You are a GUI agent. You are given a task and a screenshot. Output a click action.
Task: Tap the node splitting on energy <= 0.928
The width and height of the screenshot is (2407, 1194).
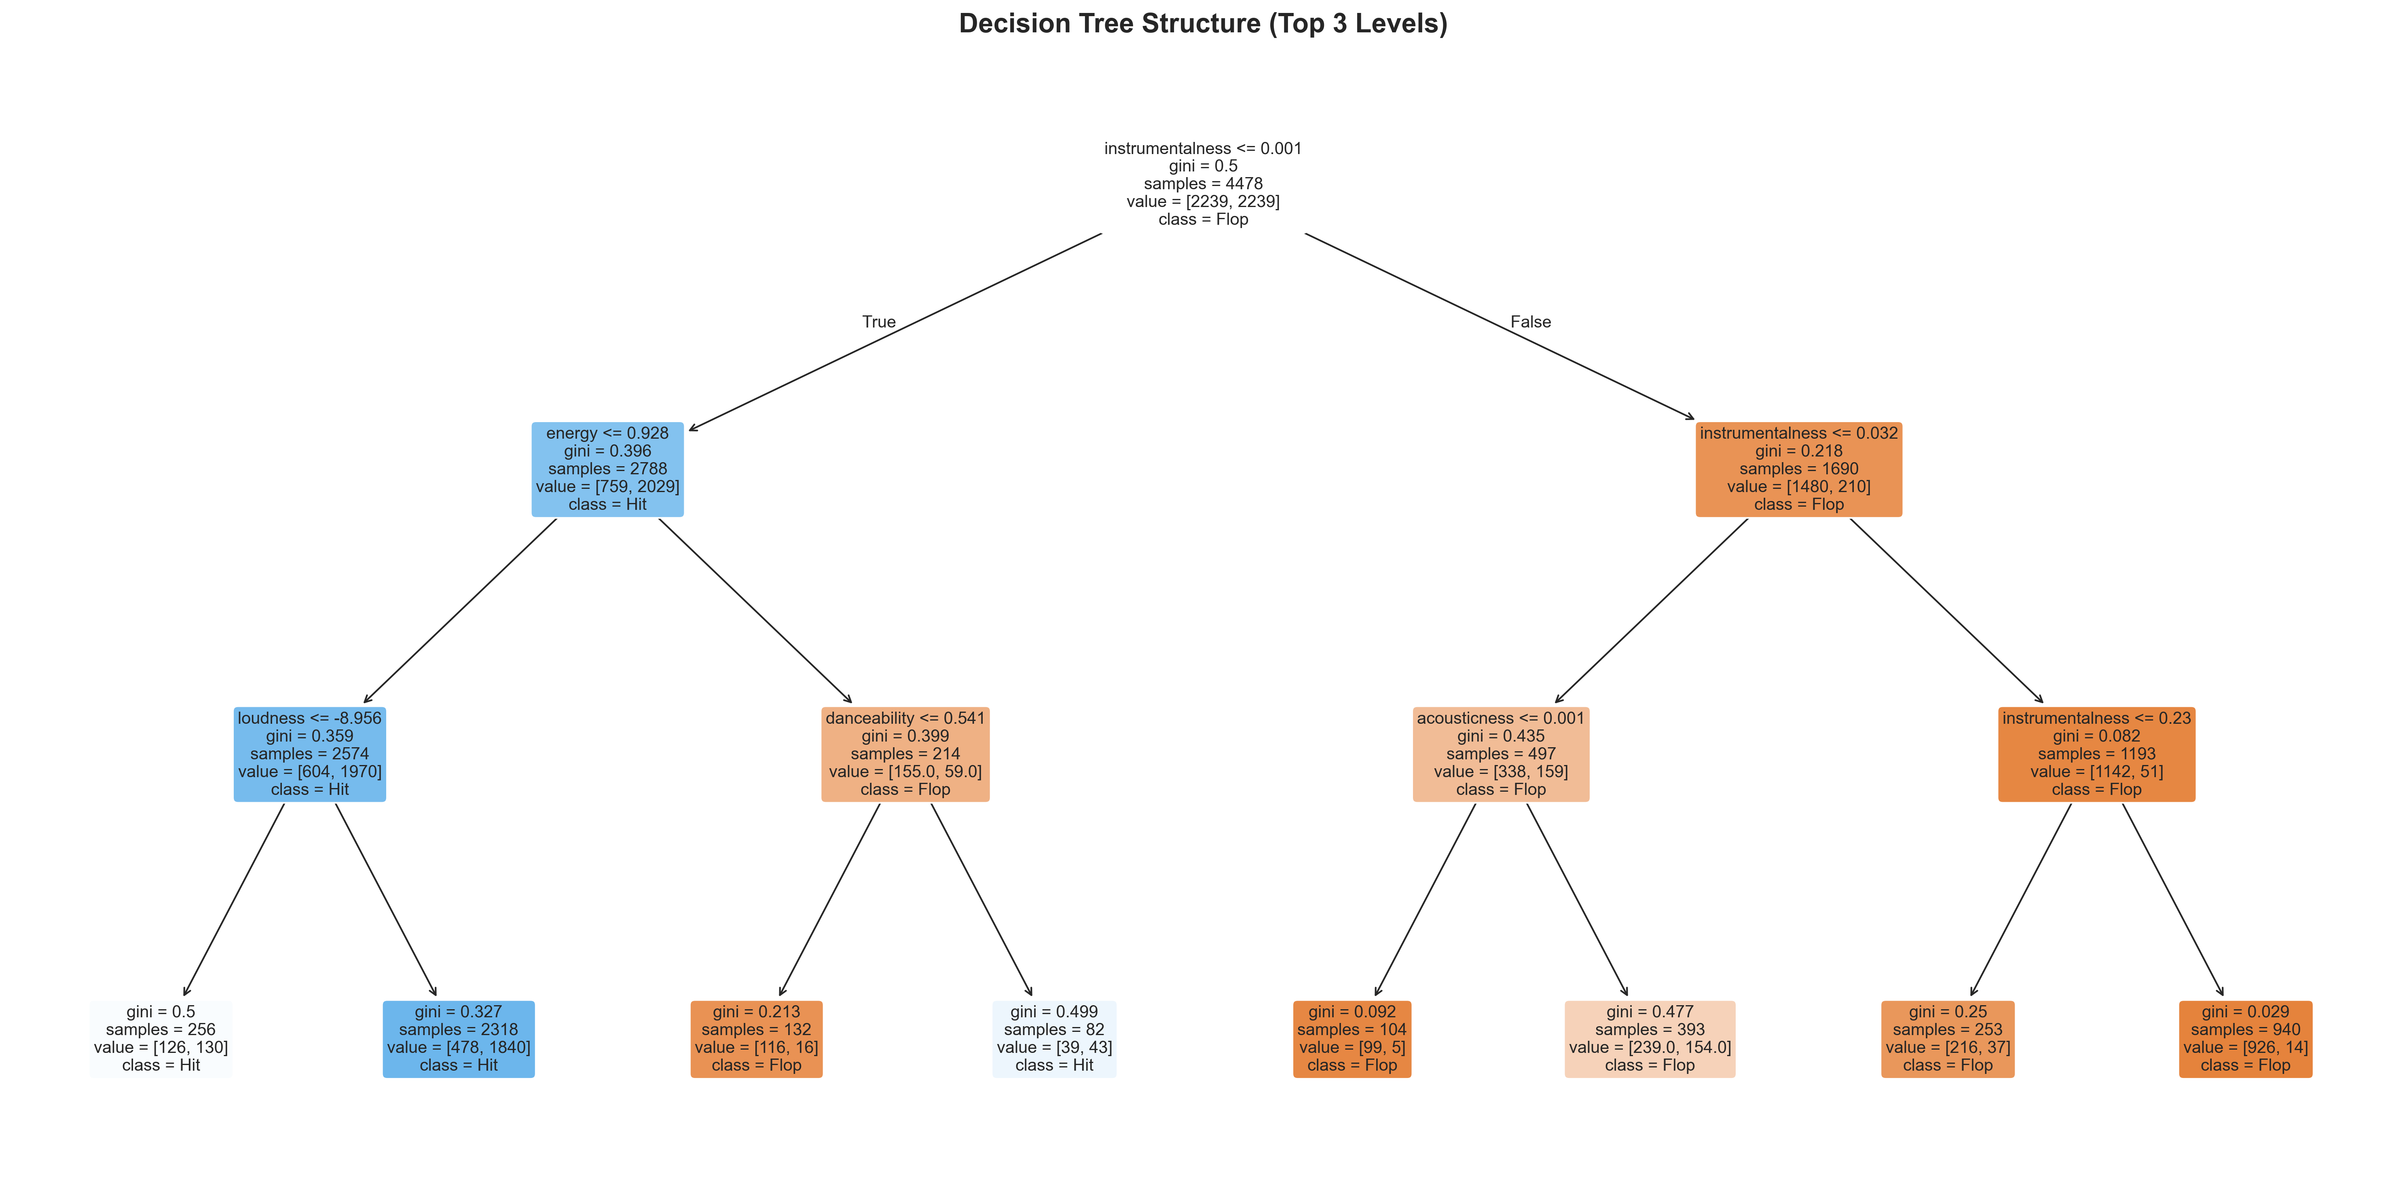(x=607, y=469)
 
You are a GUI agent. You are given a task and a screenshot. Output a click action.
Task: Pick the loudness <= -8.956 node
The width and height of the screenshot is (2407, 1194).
(x=309, y=754)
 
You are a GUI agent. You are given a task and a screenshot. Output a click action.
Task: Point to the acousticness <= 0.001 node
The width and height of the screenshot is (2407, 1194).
(x=1501, y=754)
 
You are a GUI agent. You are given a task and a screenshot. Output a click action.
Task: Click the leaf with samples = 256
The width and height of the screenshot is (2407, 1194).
(x=161, y=1039)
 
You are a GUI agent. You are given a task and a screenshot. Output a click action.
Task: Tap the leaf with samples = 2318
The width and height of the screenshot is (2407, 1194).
(x=459, y=1039)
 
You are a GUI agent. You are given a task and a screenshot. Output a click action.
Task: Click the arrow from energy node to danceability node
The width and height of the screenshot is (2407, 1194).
(x=755, y=610)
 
